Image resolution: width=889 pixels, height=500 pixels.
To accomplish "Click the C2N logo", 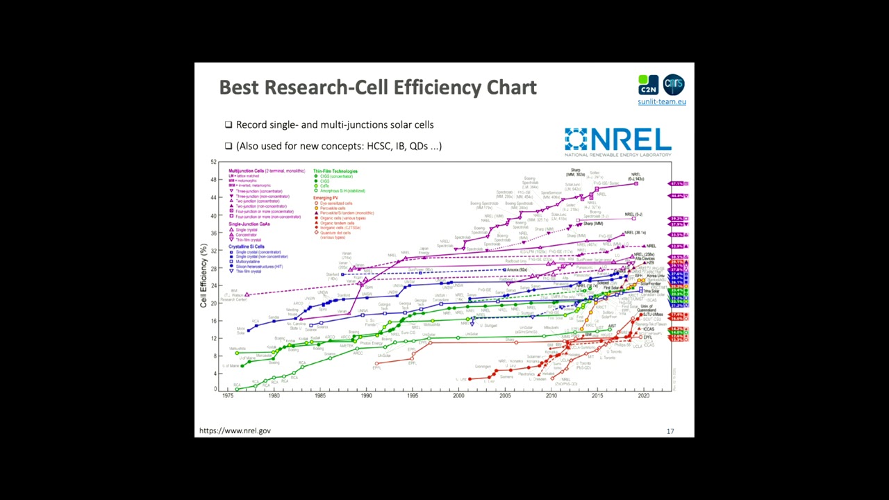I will point(648,85).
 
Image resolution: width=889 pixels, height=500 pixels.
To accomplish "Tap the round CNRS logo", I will point(674,85).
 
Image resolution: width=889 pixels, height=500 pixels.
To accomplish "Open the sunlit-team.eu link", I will point(662,101).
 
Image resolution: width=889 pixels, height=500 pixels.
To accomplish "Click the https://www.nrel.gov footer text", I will point(235,431).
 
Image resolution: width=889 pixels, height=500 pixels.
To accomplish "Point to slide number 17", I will point(670,431).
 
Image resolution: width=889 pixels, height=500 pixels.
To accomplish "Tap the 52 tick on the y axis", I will point(213,162).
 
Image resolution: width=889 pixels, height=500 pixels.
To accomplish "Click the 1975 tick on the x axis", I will point(228,396).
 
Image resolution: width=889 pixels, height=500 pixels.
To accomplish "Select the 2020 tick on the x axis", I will point(644,396).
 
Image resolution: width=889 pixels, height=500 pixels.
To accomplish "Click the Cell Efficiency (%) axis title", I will point(203,276).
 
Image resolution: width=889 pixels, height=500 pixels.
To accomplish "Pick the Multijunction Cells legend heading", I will point(247,171).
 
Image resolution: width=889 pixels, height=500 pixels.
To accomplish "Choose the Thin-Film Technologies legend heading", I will point(335,171).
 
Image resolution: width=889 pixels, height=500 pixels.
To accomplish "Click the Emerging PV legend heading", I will point(326,198).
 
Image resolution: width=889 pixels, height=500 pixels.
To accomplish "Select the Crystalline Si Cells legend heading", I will point(247,247).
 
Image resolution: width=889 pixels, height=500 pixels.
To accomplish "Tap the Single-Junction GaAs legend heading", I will point(249,224).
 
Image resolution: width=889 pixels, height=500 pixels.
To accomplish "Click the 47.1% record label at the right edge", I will point(676,183).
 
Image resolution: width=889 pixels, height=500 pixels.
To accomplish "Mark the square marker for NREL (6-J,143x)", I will point(636,183).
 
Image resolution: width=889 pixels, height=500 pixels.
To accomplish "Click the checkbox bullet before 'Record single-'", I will point(229,125).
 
